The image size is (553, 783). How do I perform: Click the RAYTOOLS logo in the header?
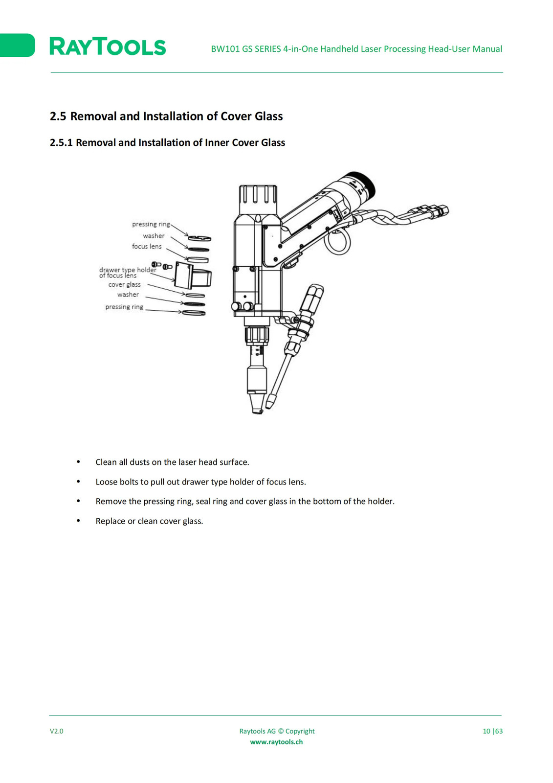(108, 46)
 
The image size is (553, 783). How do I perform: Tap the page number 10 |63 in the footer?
(492, 731)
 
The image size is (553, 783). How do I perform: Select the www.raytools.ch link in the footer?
(276, 742)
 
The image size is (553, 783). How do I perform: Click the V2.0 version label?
(57, 731)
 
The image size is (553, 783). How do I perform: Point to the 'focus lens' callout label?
(147, 247)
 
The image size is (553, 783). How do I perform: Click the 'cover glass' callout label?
(124, 284)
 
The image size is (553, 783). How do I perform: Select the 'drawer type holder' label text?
(128, 270)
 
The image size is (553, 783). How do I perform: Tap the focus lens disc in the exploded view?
(198, 260)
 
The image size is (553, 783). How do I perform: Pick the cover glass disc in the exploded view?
(195, 296)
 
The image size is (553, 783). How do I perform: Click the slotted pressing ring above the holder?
(199, 238)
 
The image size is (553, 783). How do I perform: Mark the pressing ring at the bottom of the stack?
(194, 313)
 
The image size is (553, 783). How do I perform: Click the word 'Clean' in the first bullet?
(106, 462)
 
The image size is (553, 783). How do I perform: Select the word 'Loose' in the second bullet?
(107, 482)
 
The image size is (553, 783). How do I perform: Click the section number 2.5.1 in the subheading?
(61, 142)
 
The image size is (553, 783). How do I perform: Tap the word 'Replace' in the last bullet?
(111, 521)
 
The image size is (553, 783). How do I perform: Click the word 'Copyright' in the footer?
(300, 731)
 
